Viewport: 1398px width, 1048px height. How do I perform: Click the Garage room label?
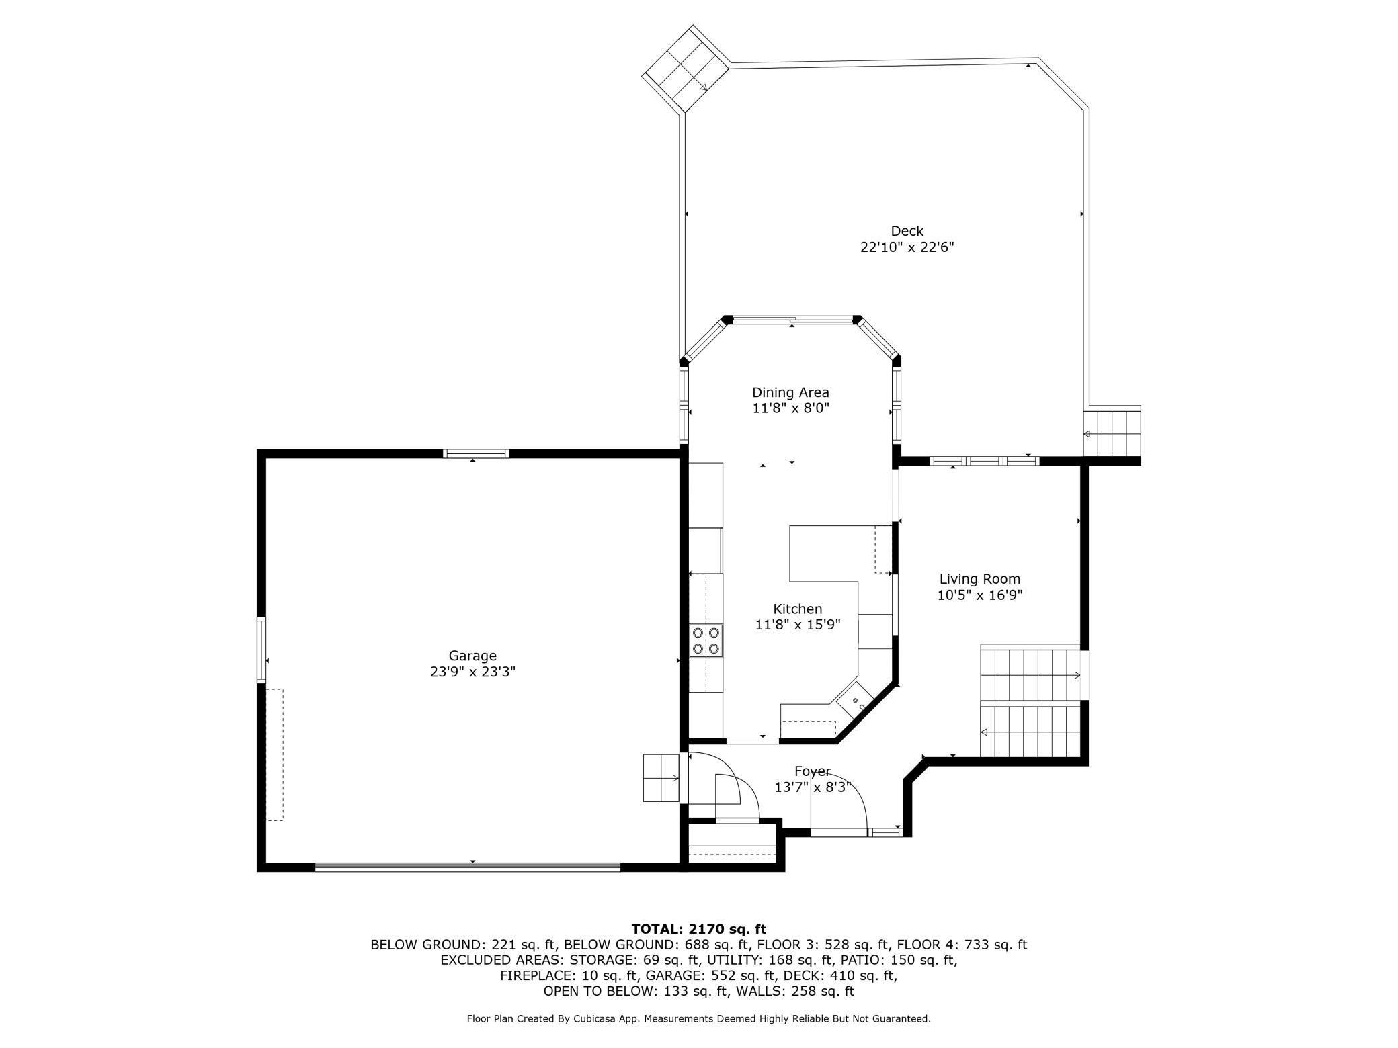point(472,656)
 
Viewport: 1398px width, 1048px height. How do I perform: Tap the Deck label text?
point(907,231)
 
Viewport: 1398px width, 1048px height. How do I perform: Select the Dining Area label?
point(790,392)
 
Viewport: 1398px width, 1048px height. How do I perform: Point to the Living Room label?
point(980,579)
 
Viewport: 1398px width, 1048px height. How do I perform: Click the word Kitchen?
point(798,609)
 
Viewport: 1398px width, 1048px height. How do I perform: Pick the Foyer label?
point(813,771)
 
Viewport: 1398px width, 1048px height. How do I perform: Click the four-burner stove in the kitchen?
point(706,640)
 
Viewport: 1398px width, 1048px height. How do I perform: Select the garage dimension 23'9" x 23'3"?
point(472,672)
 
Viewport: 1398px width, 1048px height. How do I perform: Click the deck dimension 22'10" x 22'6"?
point(907,247)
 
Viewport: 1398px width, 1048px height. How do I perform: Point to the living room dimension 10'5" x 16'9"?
point(980,595)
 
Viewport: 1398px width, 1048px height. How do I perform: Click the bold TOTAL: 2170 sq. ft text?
point(699,929)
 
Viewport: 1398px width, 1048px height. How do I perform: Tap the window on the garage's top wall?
point(476,453)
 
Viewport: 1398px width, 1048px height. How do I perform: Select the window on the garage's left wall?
point(261,650)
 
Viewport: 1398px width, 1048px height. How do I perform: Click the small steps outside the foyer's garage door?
point(661,778)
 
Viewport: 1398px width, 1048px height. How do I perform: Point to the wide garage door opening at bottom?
point(468,867)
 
